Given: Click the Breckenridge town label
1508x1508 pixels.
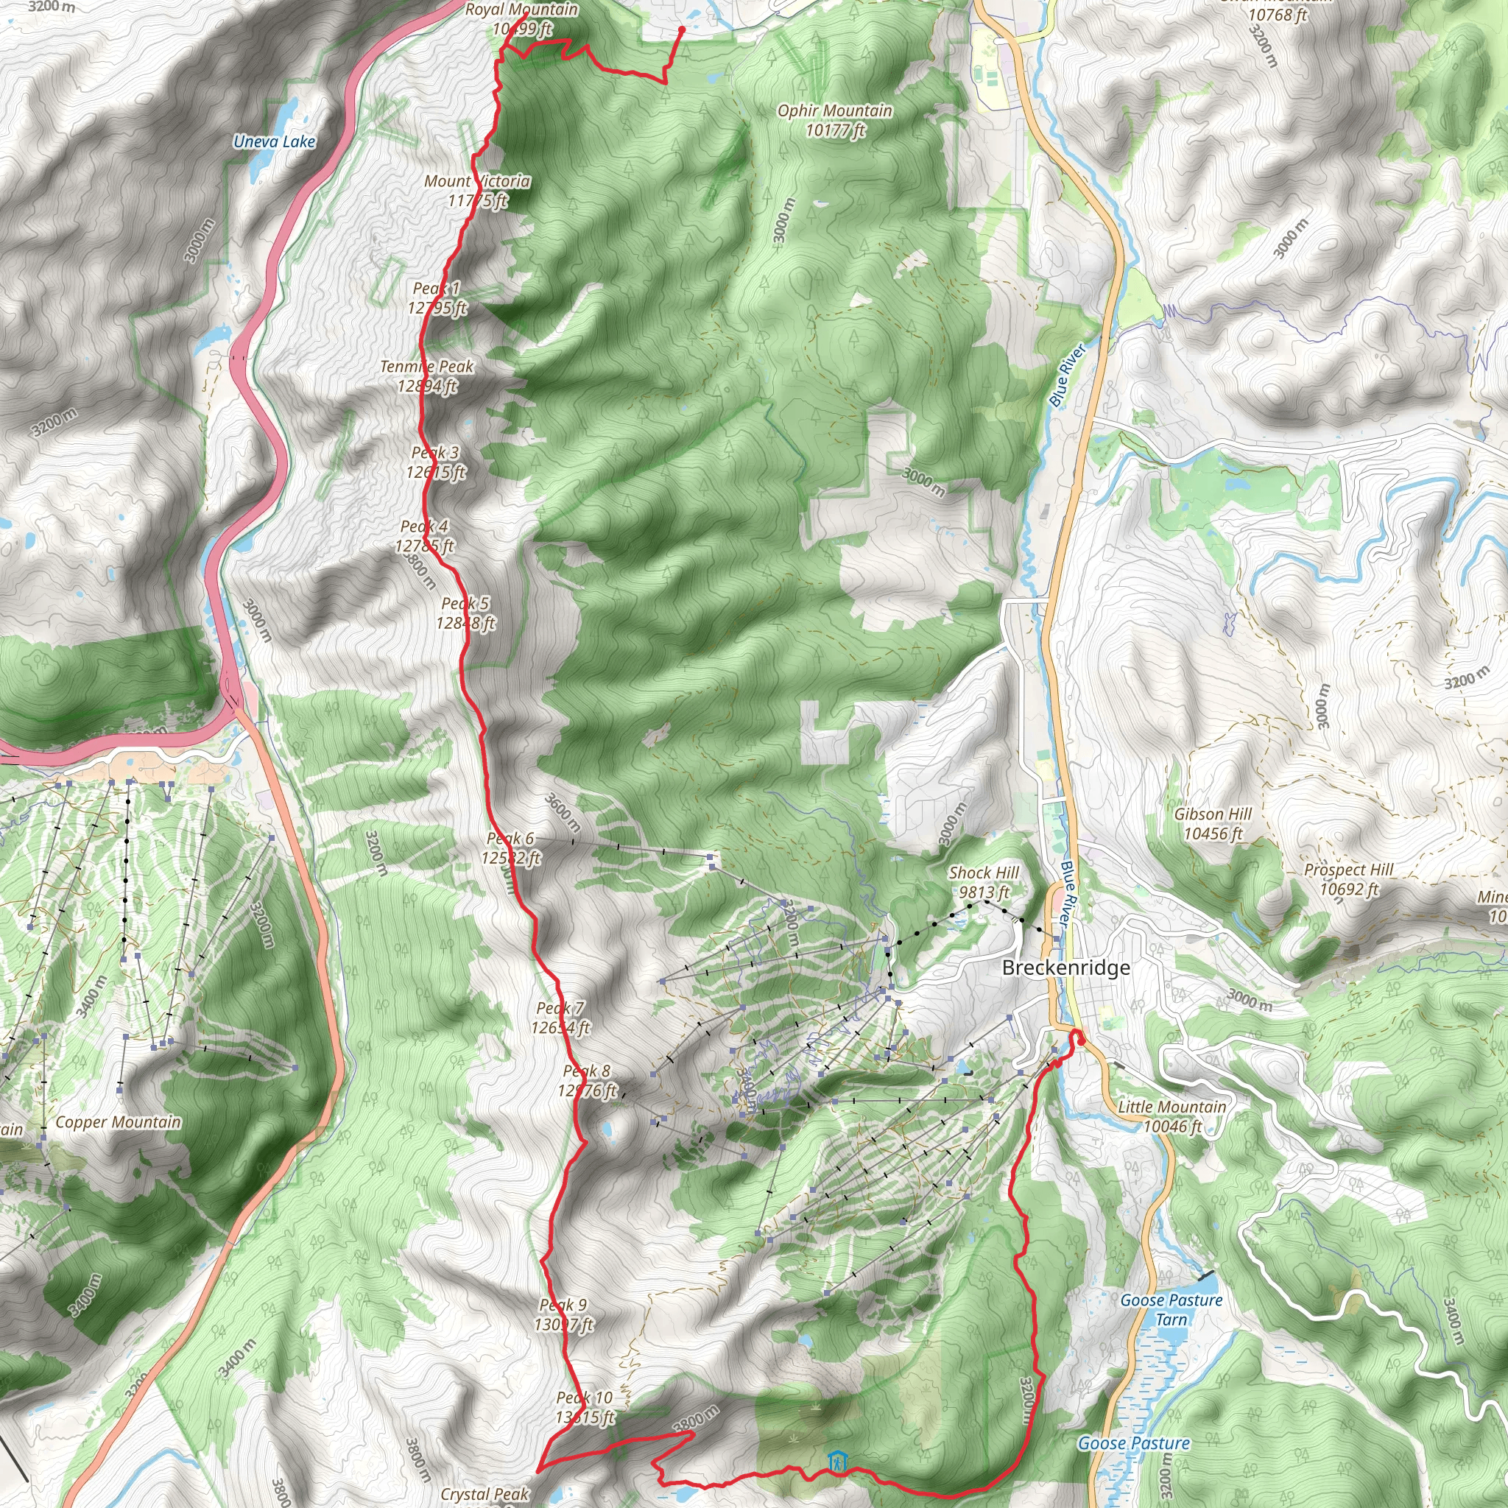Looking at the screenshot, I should [1065, 968].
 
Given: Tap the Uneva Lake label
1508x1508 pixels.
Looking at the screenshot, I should [274, 141].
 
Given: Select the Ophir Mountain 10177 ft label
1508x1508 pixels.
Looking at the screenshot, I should [834, 120].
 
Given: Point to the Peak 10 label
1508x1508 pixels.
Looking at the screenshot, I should [585, 1407].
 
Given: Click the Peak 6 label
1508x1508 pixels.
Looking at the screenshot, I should [510, 848].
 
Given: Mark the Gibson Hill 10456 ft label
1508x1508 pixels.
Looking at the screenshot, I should [1212, 823].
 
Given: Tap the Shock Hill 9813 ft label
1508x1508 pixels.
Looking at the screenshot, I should [984, 882].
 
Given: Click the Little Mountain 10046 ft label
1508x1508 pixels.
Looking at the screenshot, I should [1171, 1116].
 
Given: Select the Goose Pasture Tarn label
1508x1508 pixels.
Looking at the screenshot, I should [1171, 1310].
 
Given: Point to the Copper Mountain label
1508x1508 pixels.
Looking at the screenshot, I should [118, 1121].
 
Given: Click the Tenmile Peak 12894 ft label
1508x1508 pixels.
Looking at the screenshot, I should [427, 376].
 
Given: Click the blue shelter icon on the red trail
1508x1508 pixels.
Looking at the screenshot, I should [836, 1461].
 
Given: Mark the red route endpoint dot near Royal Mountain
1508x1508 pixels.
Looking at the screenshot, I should [681, 29].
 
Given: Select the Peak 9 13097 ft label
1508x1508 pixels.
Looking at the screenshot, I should [563, 1314].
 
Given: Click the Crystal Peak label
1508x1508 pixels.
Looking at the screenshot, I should [484, 1493].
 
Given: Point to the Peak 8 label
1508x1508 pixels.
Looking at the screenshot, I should [587, 1080].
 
